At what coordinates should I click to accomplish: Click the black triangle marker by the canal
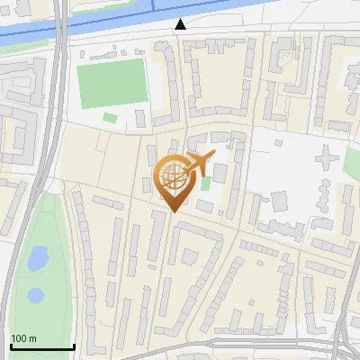(182, 25)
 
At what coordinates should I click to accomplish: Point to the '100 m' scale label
(24, 338)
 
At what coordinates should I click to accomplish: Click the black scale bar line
(41, 347)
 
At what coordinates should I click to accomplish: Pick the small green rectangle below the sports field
(110, 118)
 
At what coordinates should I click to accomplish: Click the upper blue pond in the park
(38, 259)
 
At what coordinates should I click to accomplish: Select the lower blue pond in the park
(35, 294)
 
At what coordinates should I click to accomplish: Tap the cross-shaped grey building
(325, 160)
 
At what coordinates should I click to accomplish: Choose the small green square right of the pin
(206, 184)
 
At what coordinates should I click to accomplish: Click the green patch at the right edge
(352, 165)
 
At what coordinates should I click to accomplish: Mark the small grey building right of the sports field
(140, 119)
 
